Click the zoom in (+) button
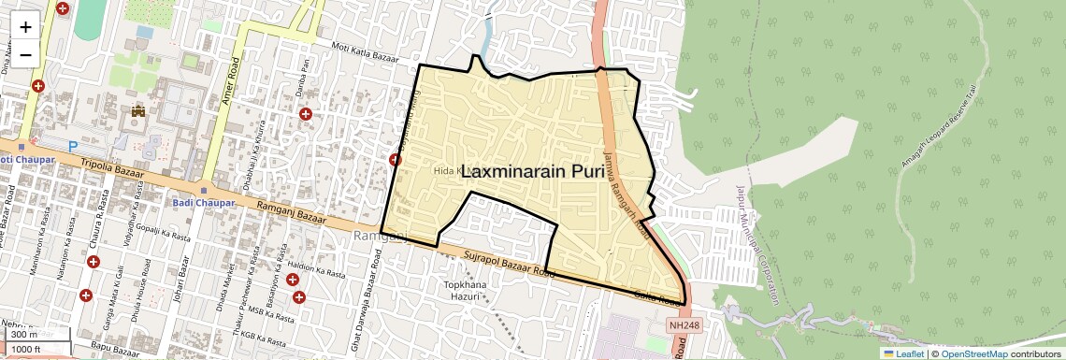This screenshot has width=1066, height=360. click(25, 26)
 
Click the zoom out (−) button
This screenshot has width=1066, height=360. click(25, 54)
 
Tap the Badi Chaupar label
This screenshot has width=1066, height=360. click(200, 203)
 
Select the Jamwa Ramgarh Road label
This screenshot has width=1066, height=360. click(625, 193)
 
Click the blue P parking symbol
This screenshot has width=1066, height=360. click(73, 146)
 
